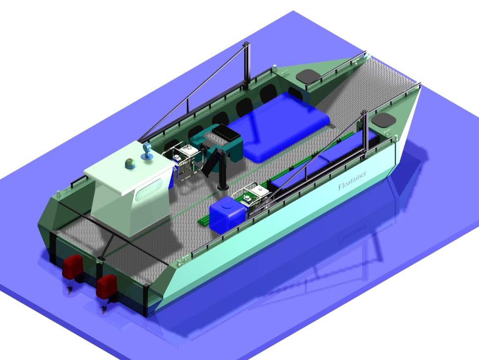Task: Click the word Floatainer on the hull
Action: (352, 180)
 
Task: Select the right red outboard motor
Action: (106, 286)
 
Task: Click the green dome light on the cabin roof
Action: (130, 163)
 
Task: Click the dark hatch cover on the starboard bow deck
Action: (384, 120)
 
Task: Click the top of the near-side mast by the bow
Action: (364, 114)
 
